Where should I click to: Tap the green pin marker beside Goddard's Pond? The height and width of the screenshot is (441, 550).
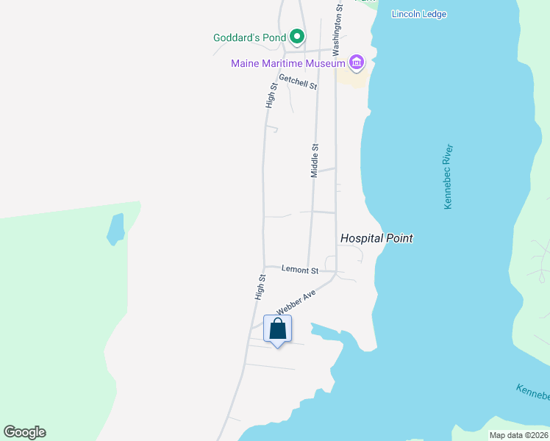[x=297, y=35]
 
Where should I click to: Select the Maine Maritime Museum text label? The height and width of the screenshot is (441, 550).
[x=287, y=63]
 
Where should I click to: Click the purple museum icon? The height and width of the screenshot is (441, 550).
[x=357, y=62]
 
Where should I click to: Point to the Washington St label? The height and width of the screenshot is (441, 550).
[x=338, y=29]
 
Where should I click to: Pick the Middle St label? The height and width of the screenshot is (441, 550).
[x=315, y=161]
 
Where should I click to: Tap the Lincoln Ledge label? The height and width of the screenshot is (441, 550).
[x=419, y=14]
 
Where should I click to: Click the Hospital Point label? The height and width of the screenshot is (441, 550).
[x=376, y=238]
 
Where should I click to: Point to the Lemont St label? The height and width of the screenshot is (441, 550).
[x=300, y=270]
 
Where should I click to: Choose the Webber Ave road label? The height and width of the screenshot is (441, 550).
[x=296, y=302]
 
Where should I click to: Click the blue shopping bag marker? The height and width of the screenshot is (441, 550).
[x=277, y=329]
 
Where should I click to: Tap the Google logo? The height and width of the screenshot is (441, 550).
[x=24, y=432]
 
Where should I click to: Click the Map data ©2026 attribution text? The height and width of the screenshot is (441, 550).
[x=518, y=435]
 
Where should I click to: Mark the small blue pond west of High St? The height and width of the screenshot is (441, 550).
[x=115, y=229]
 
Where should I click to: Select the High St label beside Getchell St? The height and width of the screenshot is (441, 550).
[x=272, y=96]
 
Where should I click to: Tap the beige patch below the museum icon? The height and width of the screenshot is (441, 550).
[x=354, y=78]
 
